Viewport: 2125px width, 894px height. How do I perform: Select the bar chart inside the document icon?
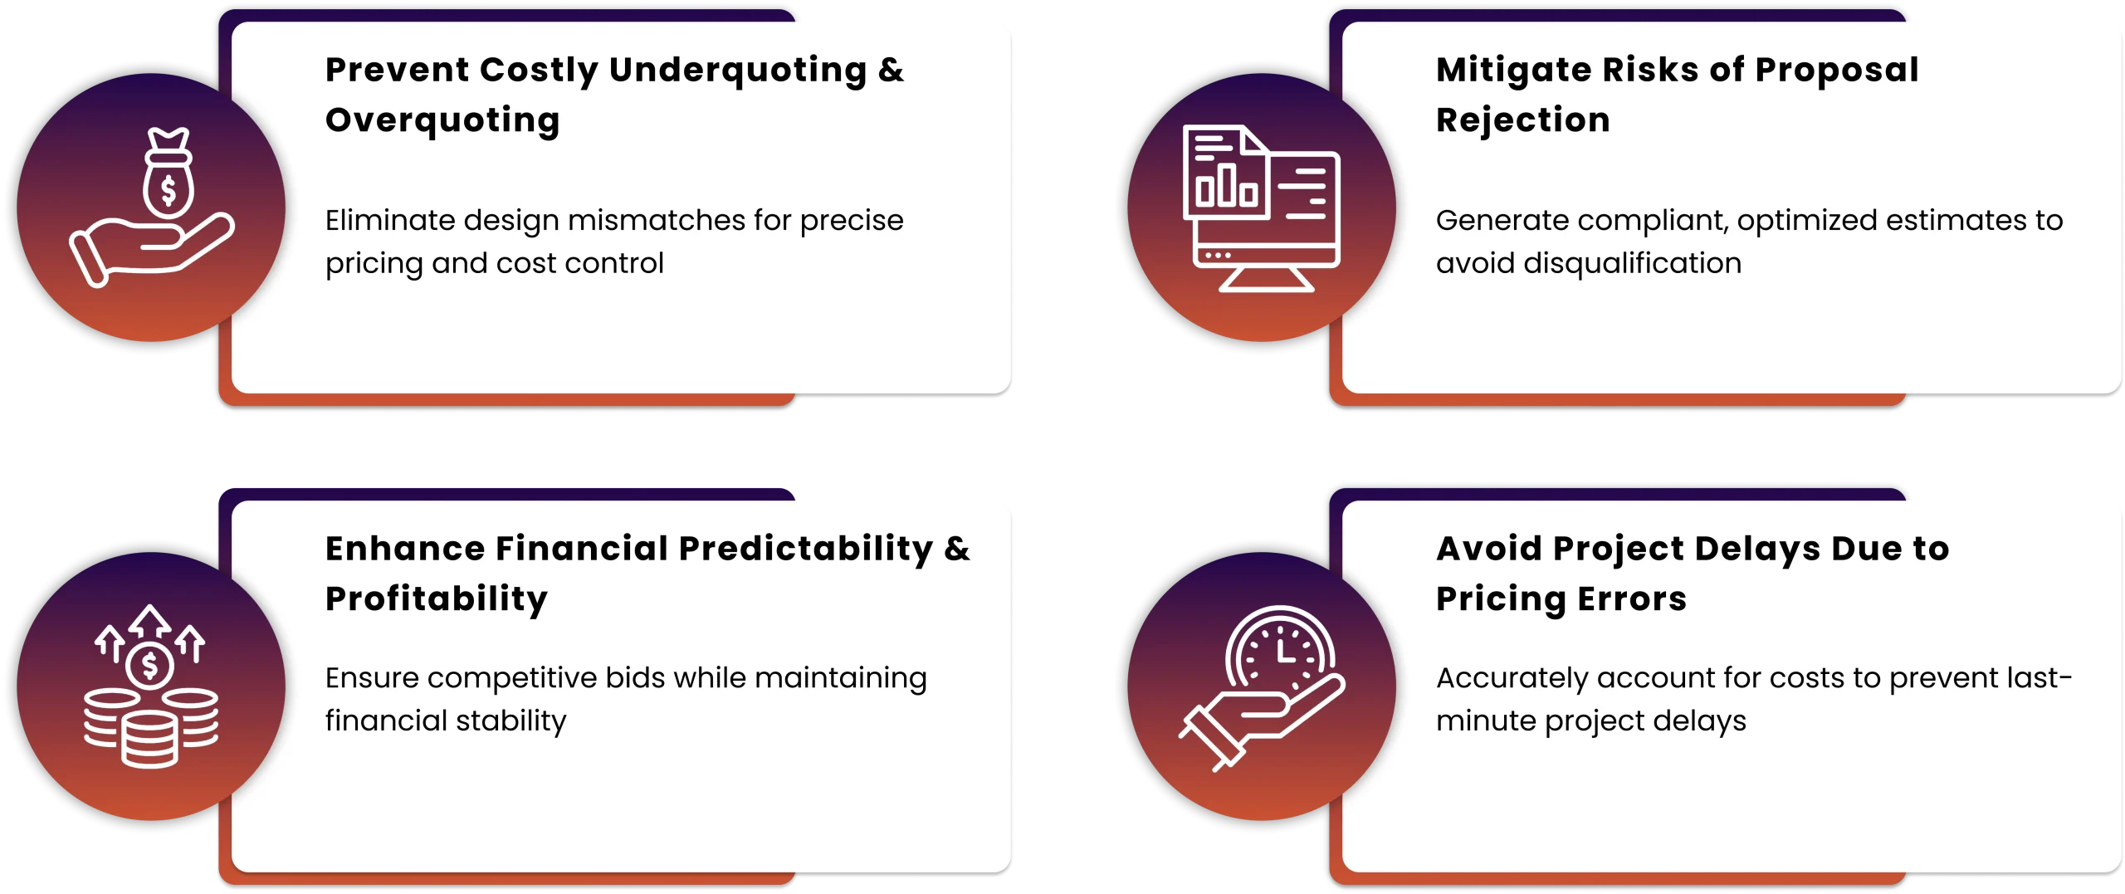click(x=1227, y=185)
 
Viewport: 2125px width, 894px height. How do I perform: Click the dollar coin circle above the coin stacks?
click(x=149, y=665)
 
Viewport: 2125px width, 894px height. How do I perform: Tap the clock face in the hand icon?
click(x=1280, y=651)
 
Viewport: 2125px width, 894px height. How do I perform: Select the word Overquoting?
click(x=442, y=121)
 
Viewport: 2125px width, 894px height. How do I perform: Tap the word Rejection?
click(x=1523, y=120)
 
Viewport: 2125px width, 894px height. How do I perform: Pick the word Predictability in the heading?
click(x=806, y=550)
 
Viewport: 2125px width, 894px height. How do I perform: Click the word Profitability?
click(x=437, y=599)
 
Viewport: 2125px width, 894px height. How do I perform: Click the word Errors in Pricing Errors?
click(x=1632, y=599)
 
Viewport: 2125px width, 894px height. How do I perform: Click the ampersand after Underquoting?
click(x=891, y=71)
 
